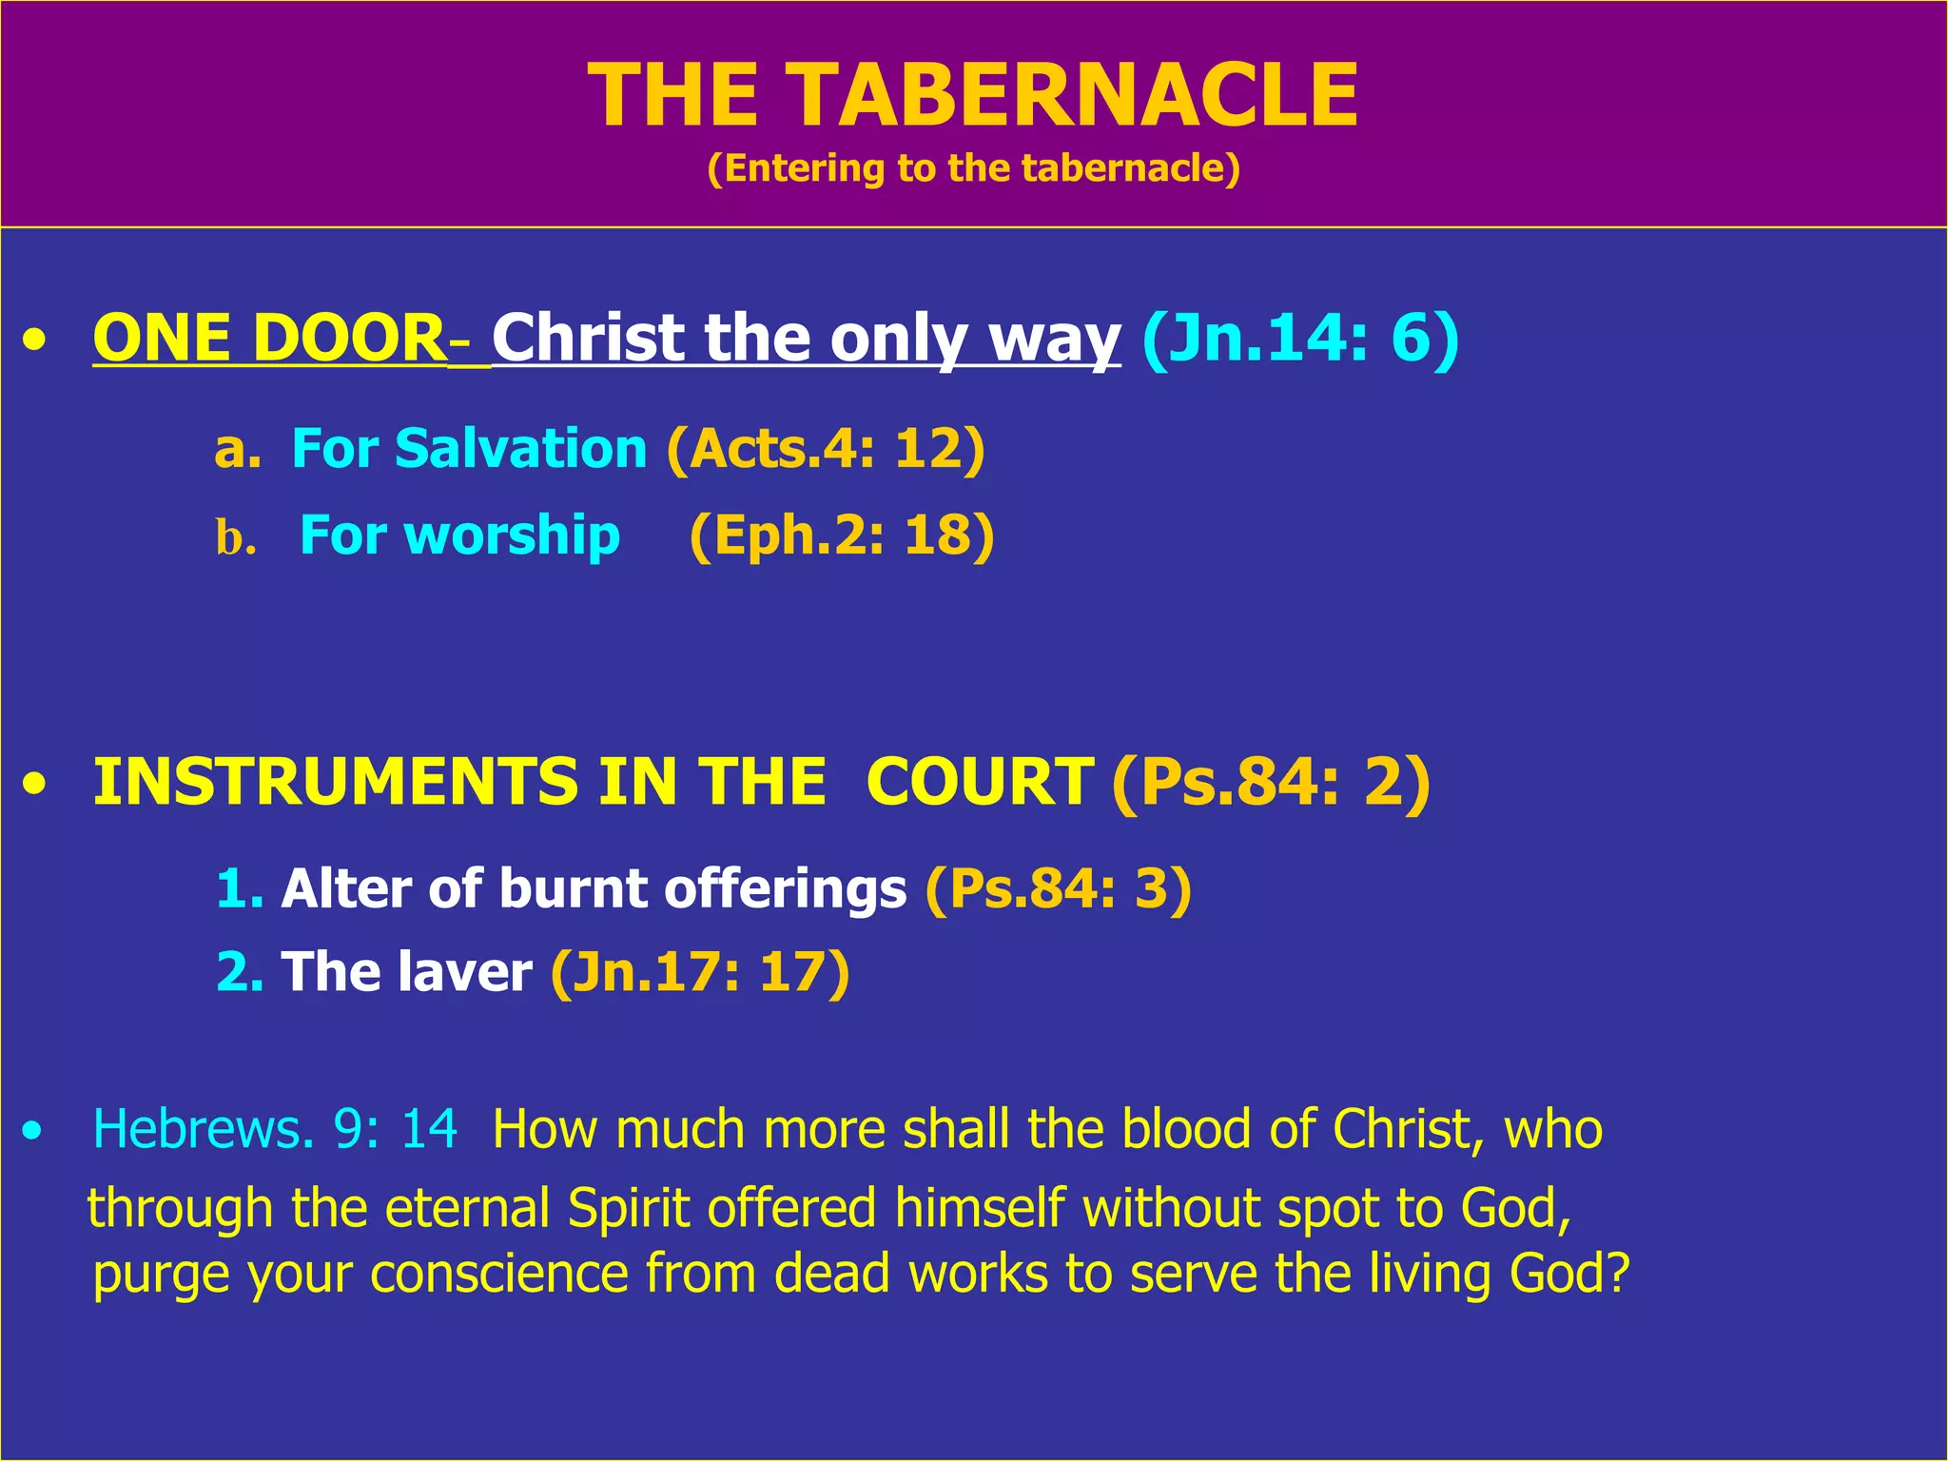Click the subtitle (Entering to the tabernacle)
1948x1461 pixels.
pyautogui.click(x=973, y=168)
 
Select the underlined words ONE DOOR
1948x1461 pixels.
pyautogui.click(x=269, y=339)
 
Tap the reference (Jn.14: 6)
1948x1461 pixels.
pyautogui.click(x=1299, y=339)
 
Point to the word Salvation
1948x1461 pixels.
pyautogui.click(x=520, y=449)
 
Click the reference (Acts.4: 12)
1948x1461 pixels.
pyautogui.click(x=826, y=449)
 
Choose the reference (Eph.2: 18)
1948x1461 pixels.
pyautogui.click(x=841, y=536)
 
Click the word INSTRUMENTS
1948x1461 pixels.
pyautogui.click(x=335, y=782)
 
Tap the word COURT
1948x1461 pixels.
pyautogui.click(x=979, y=782)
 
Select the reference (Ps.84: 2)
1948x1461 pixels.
pyautogui.click(x=1270, y=782)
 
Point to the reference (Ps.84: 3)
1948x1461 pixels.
pyautogui.click(x=1058, y=889)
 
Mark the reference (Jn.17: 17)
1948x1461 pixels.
pyautogui.click(x=700, y=972)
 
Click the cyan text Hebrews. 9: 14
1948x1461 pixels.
pyautogui.click(x=275, y=1130)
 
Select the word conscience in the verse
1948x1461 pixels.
pyautogui.click(x=499, y=1274)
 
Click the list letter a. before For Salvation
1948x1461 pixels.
pyautogui.click(x=237, y=449)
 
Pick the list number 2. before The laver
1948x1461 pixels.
pyautogui.click(x=239, y=972)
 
